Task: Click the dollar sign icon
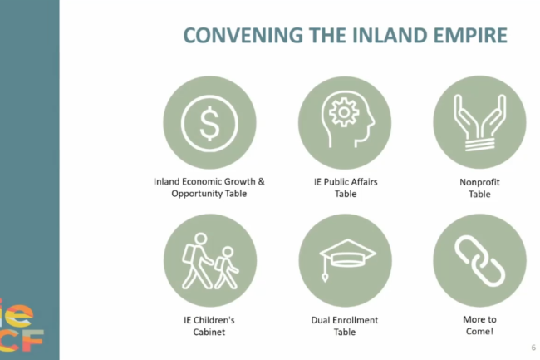(209, 123)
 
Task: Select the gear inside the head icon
(344, 112)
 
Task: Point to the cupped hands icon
(479, 123)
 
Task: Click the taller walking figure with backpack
(198, 261)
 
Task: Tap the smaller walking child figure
(227, 268)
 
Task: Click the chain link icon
(479, 261)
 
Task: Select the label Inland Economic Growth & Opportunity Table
(209, 187)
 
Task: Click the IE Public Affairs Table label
(346, 188)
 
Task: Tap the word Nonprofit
(479, 182)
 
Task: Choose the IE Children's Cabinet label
(209, 326)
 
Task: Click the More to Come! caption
(479, 325)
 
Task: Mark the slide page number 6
(533, 348)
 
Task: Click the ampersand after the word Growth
(261, 181)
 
